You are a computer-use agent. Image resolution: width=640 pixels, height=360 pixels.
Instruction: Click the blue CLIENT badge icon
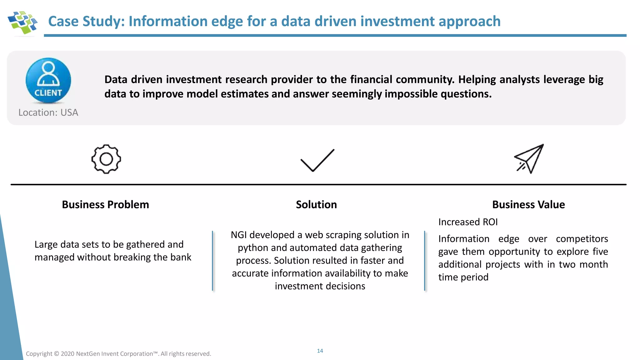(x=48, y=80)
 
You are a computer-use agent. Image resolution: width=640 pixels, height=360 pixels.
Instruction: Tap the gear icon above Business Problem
(x=106, y=159)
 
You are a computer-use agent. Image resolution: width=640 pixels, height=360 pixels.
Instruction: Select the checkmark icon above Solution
(x=317, y=160)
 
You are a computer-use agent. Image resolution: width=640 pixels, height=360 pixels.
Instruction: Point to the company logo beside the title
(x=22, y=22)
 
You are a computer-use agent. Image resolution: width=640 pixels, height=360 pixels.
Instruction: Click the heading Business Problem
(x=105, y=204)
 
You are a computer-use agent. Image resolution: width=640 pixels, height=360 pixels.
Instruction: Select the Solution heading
(x=316, y=204)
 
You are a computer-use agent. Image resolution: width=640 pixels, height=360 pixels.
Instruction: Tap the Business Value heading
(x=528, y=204)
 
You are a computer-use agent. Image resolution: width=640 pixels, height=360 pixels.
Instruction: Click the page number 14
(x=320, y=351)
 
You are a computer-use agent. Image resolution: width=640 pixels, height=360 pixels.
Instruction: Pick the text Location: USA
(x=48, y=112)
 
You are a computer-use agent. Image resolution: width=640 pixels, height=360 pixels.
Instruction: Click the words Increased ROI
(x=468, y=222)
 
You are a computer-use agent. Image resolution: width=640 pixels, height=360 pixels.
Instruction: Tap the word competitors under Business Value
(x=582, y=239)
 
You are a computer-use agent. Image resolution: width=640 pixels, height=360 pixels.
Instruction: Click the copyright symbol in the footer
(x=56, y=354)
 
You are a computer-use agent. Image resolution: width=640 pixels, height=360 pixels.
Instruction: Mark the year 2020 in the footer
(x=67, y=354)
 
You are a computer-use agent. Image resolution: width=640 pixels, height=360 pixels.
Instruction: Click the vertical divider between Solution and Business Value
(x=425, y=261)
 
